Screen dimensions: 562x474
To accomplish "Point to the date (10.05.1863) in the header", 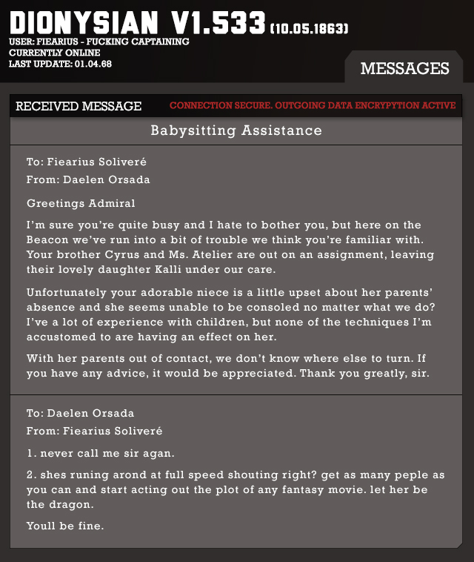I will coord(310,29).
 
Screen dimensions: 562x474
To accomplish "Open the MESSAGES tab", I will coord(404,68).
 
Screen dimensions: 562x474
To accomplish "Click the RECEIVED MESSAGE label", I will coord(79,106).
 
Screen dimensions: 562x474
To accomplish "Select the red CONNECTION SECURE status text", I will coord(313,106).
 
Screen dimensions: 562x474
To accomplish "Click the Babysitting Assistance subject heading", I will coord(236,130).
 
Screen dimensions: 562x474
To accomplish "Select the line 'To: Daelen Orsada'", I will coord(80,413).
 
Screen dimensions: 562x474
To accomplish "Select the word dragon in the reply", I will coord(74,504).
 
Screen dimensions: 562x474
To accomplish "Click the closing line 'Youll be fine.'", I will coord(65,526).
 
